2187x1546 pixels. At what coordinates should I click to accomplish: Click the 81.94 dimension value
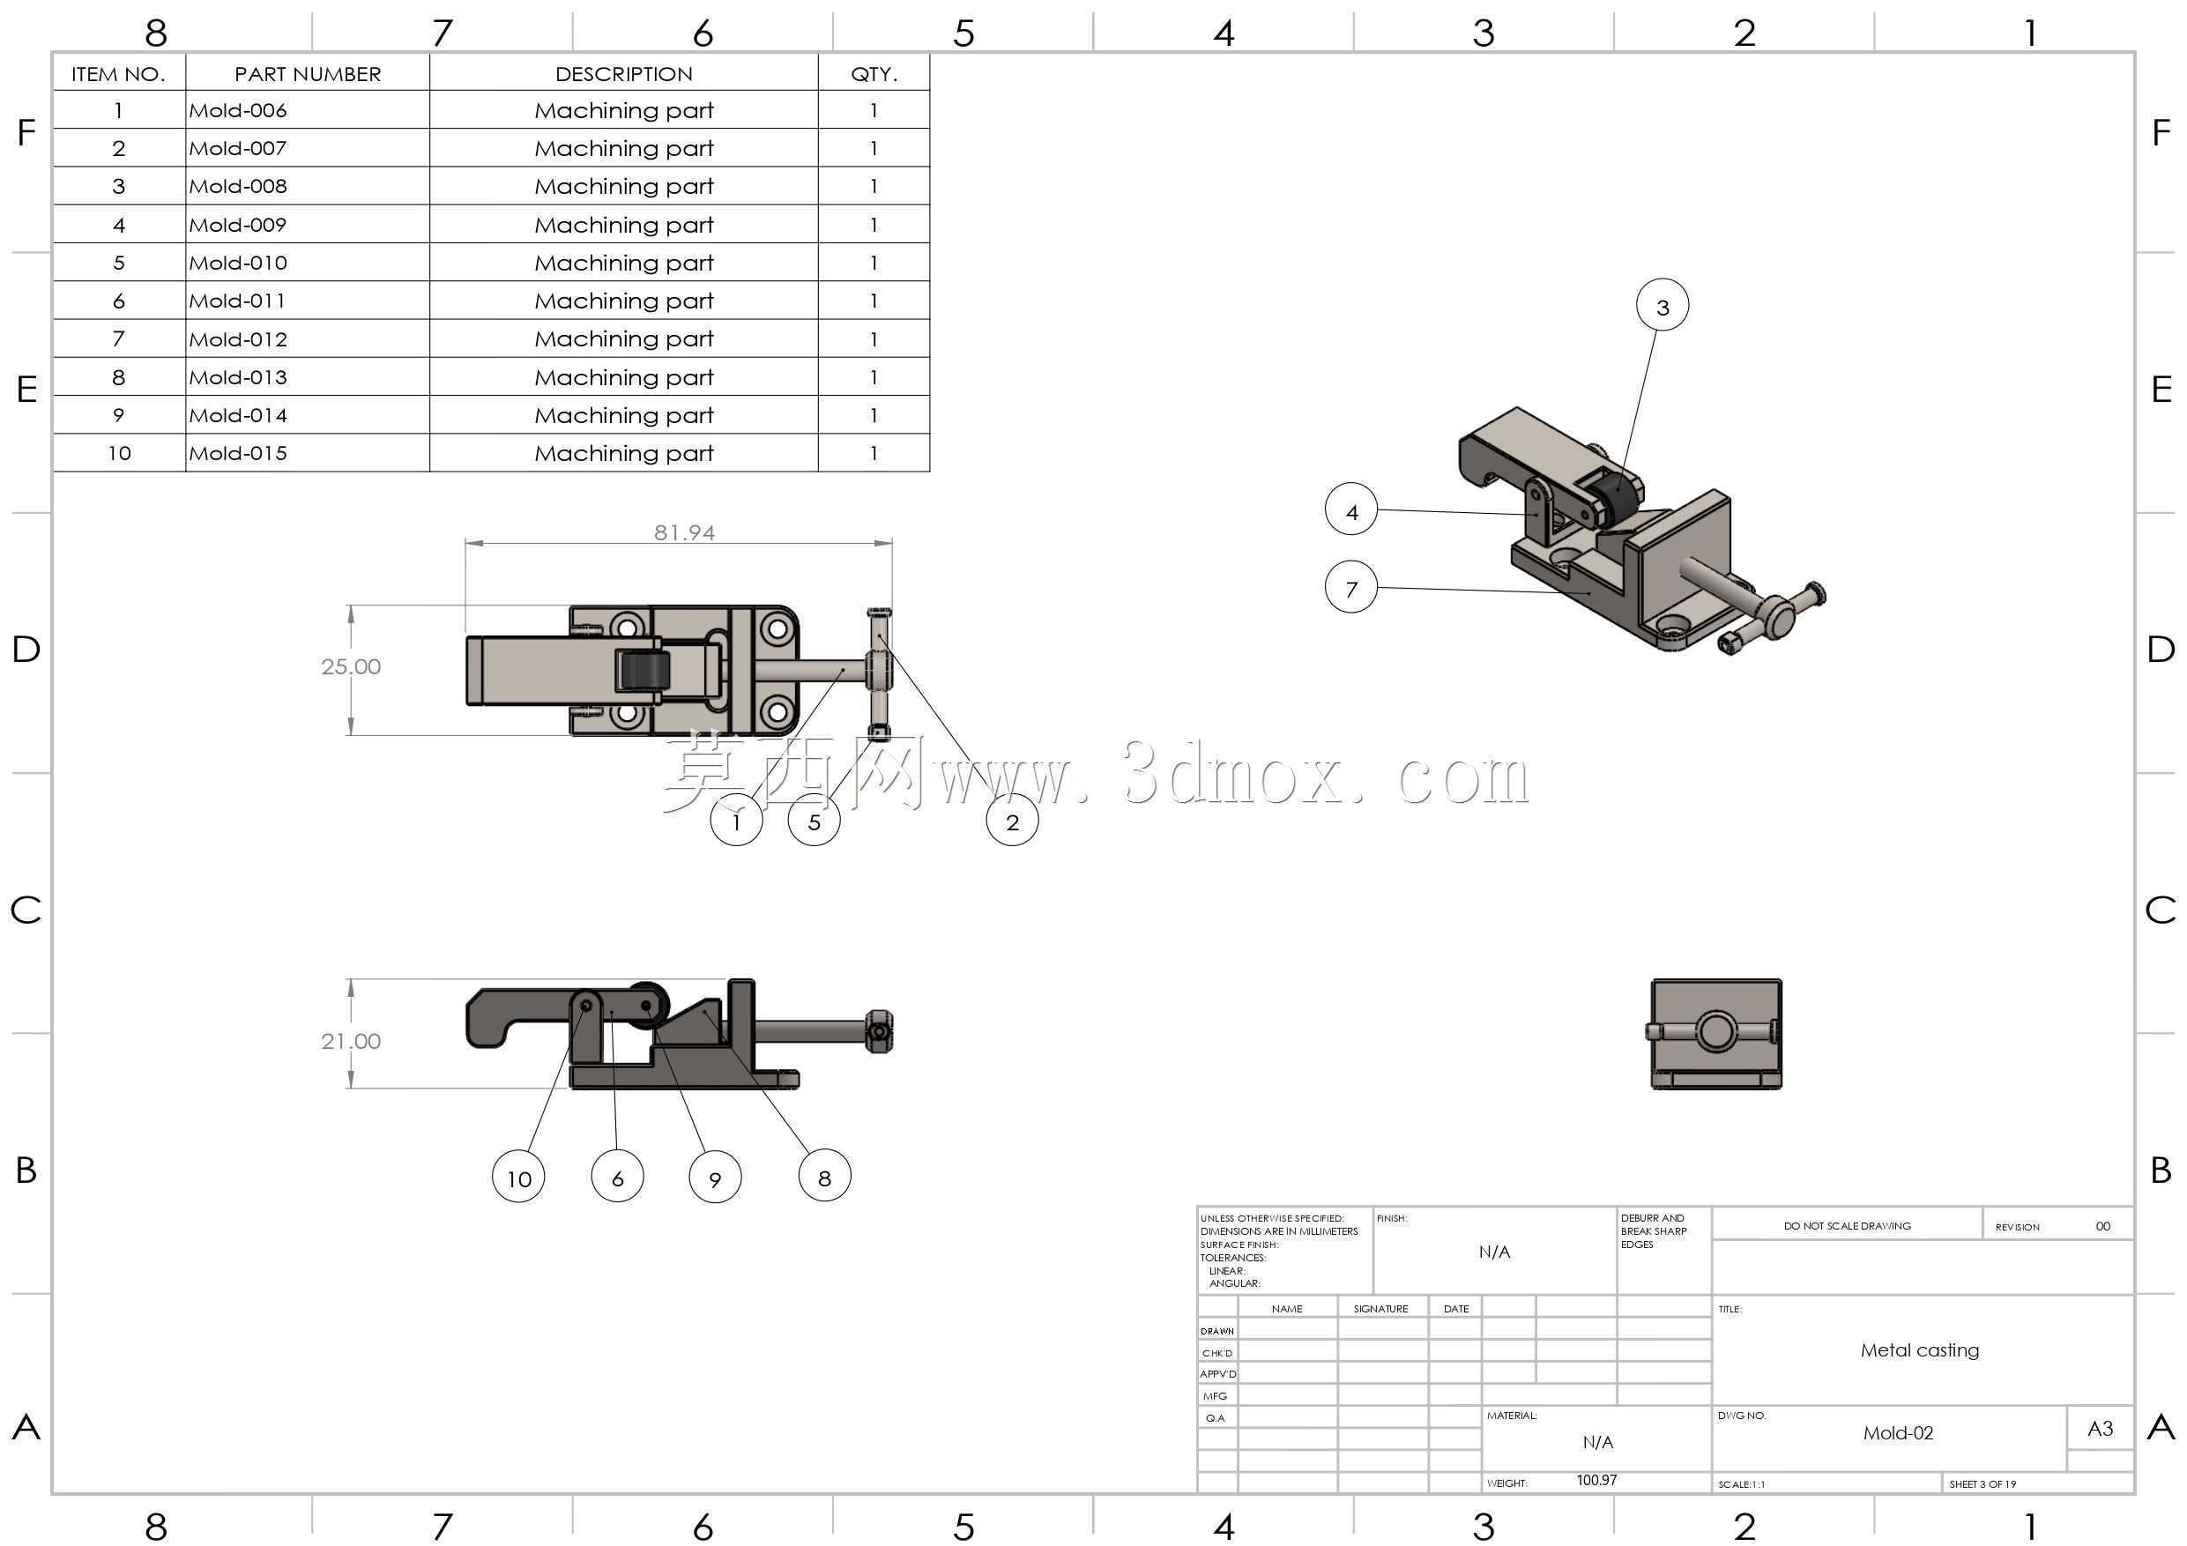click(684, 532)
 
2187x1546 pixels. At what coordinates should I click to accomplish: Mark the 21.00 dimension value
click(351, 1041)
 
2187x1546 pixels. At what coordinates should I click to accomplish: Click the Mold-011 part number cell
click(237, 301)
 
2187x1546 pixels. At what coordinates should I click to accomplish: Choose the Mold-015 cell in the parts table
click(237, 453)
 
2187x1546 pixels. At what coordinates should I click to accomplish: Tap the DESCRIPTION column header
click(624, 74)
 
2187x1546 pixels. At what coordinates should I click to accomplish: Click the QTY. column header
click(874, 74)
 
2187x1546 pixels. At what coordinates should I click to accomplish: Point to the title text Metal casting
click(1919, 1349)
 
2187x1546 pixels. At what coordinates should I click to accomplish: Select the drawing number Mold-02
click(1899, 1432)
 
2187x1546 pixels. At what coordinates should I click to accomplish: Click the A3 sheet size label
click(2100, 1428)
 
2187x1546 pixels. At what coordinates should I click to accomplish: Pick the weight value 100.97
click(1596, 1480)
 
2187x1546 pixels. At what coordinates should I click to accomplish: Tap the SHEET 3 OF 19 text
click(1982, 1484)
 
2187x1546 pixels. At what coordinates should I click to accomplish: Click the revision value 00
click(2102, 1226)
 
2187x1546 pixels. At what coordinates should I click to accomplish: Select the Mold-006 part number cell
click(237, 110)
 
